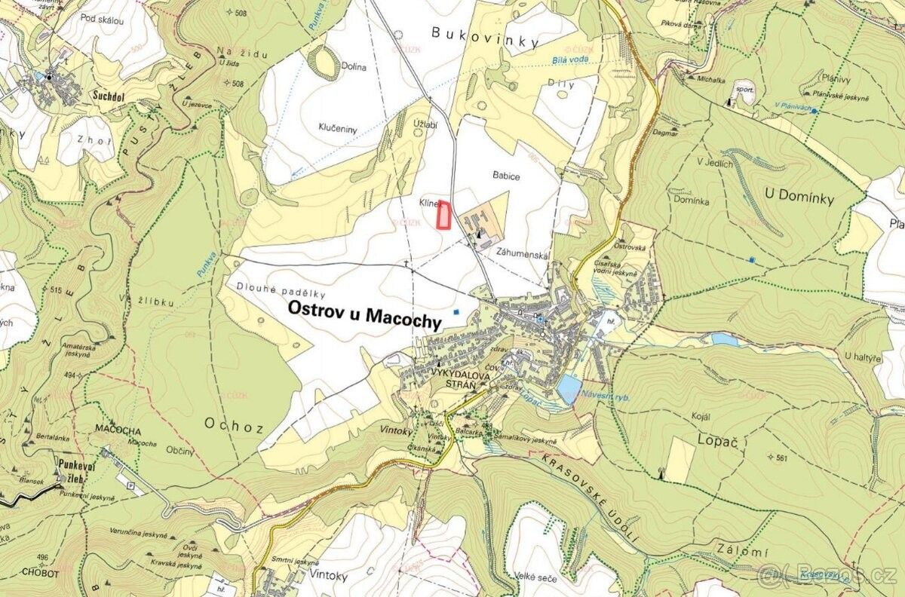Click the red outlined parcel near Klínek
(x=444, y=215)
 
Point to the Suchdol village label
(x=109, y=96)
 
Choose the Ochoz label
(x=233, y=425)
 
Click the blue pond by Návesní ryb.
(x=569, y=388)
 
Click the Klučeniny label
(x=336, y=129)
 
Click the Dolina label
(x=351, y=67)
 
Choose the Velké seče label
(x=536, y=578)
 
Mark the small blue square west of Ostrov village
(x=455, y=311)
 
